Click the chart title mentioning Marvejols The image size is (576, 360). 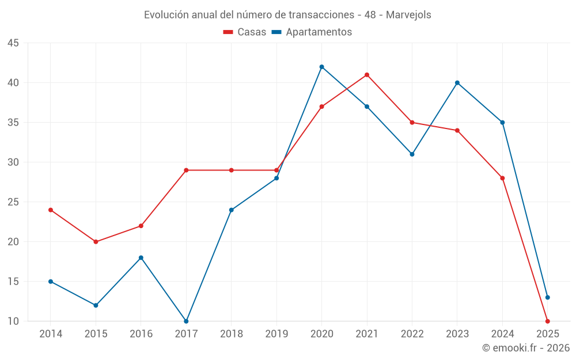(x=287, y=15)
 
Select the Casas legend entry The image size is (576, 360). (x=245, y=32)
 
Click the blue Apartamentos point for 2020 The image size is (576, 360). (x=321, y=67)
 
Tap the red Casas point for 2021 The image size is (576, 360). (x=367, y=75)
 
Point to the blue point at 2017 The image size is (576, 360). (x=186, y=321)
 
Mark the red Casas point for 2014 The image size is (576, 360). (x=51, y=210)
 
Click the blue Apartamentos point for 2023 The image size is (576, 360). (x=457, y=83)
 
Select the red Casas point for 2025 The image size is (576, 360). (x=548, y=321)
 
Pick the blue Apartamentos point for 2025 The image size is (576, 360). (x=548, y=297)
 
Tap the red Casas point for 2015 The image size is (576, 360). (x=96, y=242)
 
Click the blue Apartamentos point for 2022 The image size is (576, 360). (x=412, y=154)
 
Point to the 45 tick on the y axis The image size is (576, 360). (x=13, y=43)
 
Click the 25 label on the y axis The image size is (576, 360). (x=13, y=202)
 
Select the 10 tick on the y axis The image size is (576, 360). (x=13, y=321)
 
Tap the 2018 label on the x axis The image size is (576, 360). (x=231, y=334)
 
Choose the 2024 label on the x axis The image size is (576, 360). (x=502, y=334)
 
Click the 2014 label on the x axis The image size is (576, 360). (x=51, y=334)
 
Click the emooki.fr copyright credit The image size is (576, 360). (x=526, y=348)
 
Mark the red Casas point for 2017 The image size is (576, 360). (x=186, y=170)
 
